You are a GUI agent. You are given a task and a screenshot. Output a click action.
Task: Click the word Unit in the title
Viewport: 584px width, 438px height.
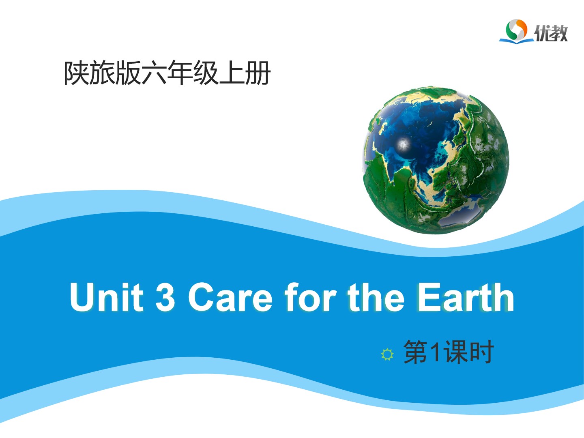(106, 296)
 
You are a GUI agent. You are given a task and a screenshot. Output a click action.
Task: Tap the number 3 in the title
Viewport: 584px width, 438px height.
(165, 296)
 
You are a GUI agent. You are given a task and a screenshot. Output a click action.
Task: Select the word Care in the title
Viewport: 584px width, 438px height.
(230, 296)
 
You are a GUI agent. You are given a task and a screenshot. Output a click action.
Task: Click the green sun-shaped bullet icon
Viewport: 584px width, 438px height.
(387, 354)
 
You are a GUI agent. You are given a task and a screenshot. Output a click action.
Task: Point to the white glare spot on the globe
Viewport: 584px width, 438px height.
(404, 145)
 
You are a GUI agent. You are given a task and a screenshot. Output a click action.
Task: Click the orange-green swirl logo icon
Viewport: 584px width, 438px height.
(516, 30)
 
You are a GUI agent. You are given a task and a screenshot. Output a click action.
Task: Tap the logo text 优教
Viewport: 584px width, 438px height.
(551, 33)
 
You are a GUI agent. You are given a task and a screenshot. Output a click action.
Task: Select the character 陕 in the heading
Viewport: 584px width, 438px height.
(77, 73)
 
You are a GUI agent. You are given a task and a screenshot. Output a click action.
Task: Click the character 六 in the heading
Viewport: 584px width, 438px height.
(155, 73)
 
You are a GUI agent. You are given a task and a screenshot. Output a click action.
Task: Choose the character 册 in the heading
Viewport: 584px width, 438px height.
(258, 73)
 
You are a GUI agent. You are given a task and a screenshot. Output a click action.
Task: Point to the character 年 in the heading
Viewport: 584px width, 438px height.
(180, 73)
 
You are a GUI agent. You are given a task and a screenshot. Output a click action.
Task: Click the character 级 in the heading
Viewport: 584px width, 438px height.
(206, 73)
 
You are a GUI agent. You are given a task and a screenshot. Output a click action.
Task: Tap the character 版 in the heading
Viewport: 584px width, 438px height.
(129, 73)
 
